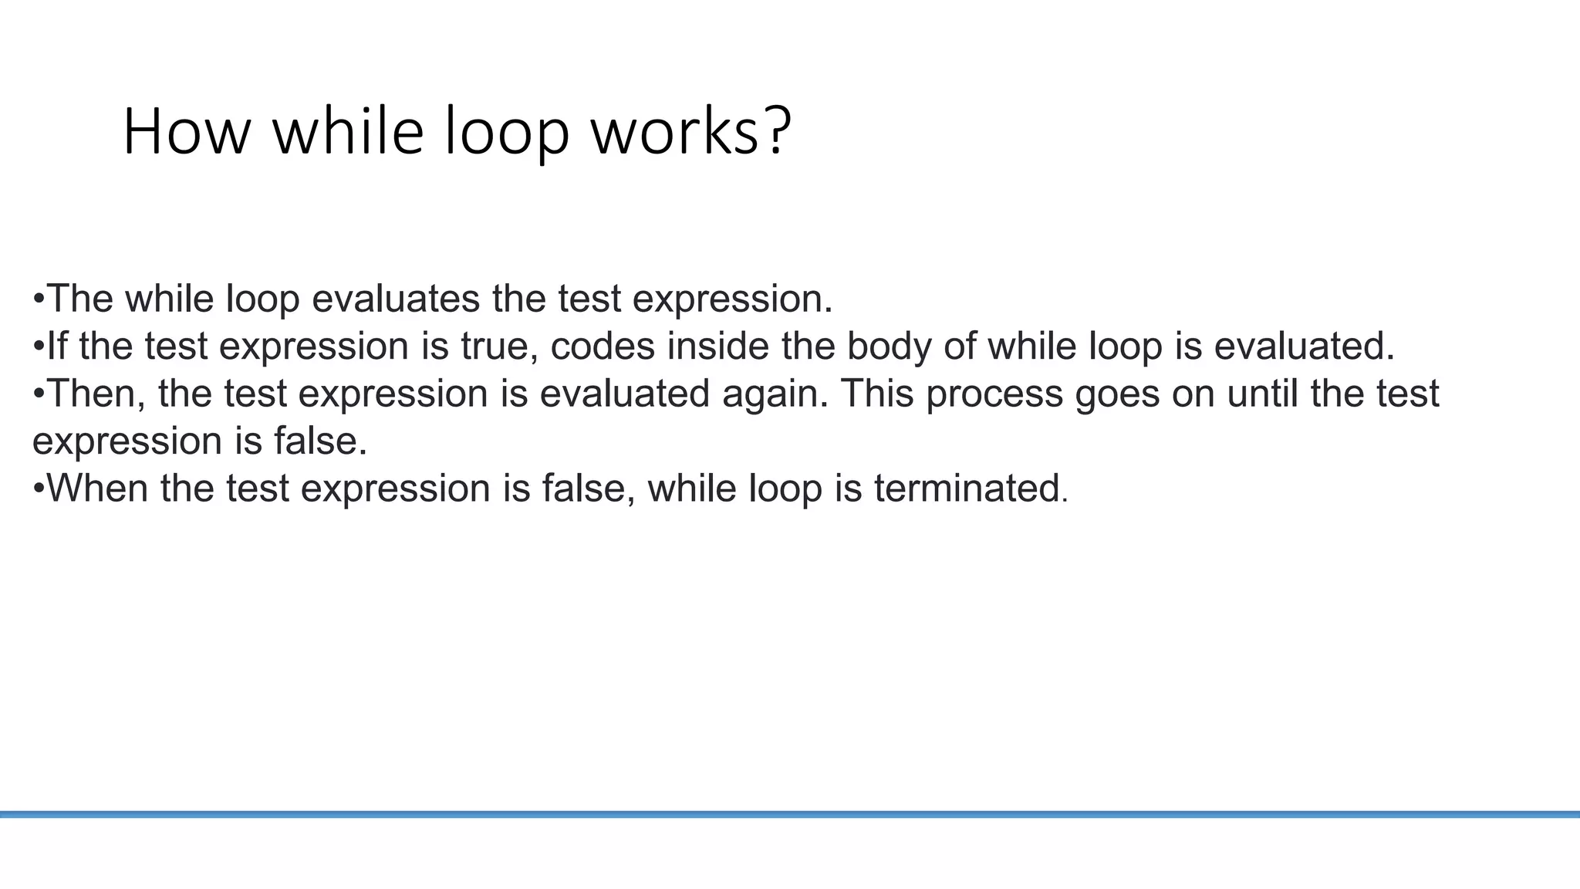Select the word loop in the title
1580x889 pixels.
[508, 133]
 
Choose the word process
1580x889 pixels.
[994, 395]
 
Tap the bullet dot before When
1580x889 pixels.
[39, 488]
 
